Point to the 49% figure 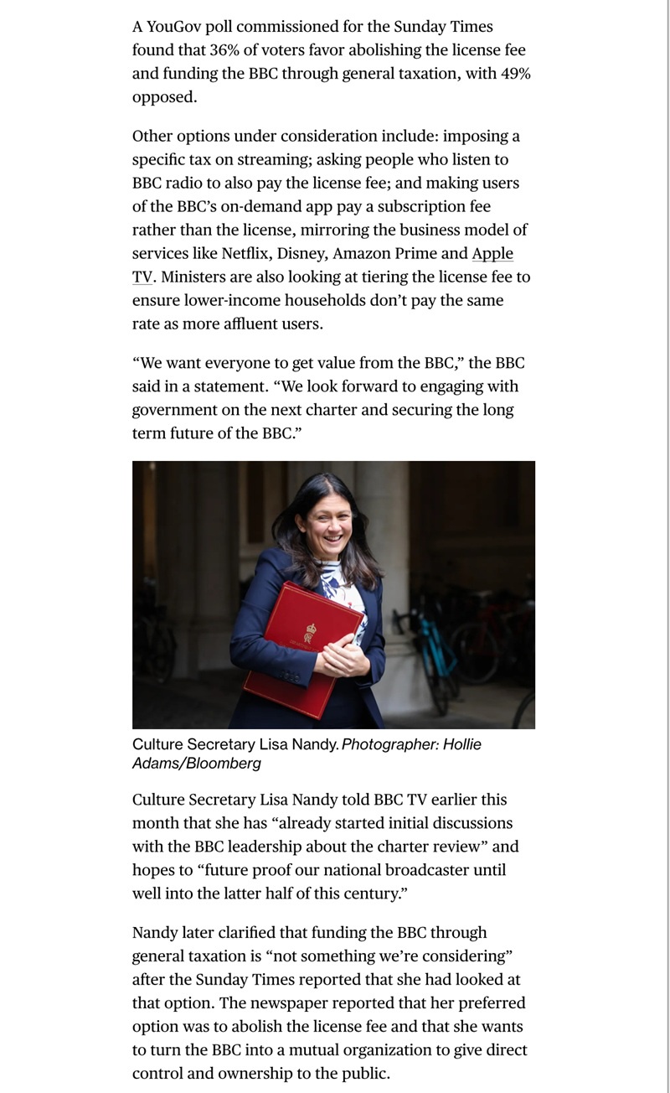click(x=513, y=74)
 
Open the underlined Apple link click(x=492, y=253)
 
